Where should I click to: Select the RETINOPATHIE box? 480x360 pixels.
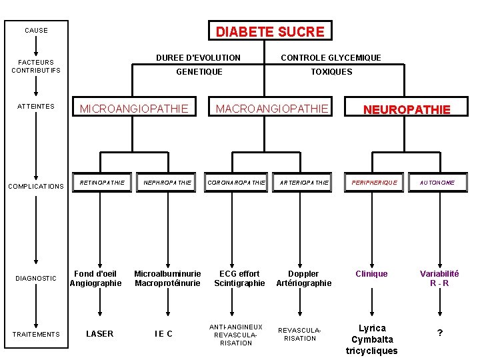[x=102, y=183]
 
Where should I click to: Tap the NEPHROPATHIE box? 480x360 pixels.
[x=167, y=183]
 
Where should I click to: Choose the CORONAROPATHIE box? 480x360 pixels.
[x=236, y=183]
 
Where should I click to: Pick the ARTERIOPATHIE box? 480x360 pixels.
[x=304, y=183]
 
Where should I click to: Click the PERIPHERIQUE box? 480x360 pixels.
[x=374, y=183]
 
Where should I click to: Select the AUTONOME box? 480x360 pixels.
[x=437, y=183]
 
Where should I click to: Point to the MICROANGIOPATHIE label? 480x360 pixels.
[x=134, y=109]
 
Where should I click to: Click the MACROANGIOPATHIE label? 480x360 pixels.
[x=272, y=109]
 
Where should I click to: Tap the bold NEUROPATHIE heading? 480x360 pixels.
[x=406, y=110]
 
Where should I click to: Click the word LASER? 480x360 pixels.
[x=100, y=334]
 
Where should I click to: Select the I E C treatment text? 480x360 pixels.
[x=163, y=334]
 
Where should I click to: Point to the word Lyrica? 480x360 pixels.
[x=372, y=328]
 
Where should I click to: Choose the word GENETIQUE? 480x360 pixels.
[x=199, y=72]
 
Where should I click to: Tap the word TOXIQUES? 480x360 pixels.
[x=331, y=72]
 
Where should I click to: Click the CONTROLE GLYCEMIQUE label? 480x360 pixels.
[x=331, y=58]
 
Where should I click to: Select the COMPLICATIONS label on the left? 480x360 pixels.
[x=35, y=187]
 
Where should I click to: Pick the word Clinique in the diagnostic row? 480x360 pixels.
[x=371, y=274]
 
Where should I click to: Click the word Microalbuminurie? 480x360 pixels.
[x=167, y=274]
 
